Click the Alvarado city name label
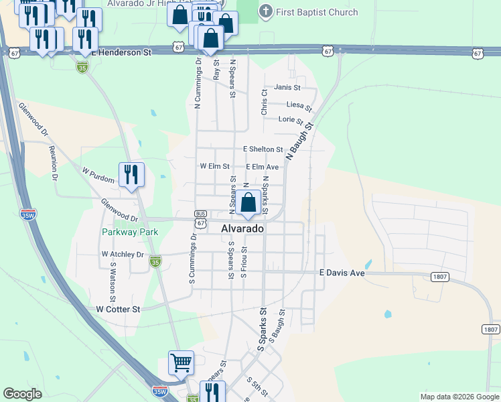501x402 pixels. click(242, 228)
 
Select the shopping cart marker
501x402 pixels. click(181, 363)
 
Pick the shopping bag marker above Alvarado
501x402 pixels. click(248, 202)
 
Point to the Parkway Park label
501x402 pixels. click(130, 232)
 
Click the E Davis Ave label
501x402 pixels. click(342, 273)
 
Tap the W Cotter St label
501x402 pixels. click(118, 309)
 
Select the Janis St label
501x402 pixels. click(287, 87)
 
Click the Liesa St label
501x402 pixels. click(299, 105)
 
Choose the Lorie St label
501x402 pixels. click(291, 120)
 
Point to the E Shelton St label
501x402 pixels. click(263, 149)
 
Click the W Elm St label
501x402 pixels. click(214, 166)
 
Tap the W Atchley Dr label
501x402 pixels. click(123, 255)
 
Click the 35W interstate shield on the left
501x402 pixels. click(27, 215)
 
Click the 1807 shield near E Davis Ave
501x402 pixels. click(440, 277)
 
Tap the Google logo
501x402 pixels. click(23, 394)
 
